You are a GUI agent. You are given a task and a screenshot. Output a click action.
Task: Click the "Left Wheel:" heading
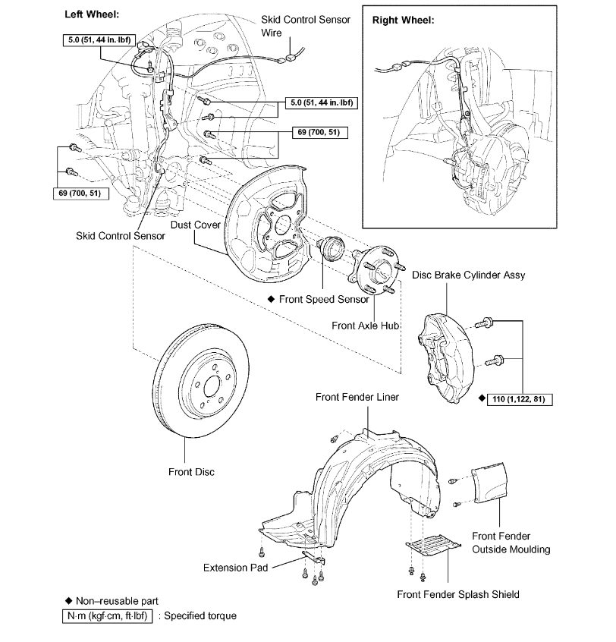tap(92, 14)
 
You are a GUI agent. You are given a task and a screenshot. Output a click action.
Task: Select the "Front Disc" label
tap(191, 472)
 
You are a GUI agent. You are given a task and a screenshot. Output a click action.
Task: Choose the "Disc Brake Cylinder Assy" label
tap(468, 275)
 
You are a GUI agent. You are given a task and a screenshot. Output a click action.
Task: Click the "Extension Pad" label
tap(234, 568)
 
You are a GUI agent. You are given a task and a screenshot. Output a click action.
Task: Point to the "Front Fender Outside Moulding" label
tap(511, 543)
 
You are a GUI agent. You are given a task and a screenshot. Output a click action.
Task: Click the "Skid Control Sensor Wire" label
tap(305, 26)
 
